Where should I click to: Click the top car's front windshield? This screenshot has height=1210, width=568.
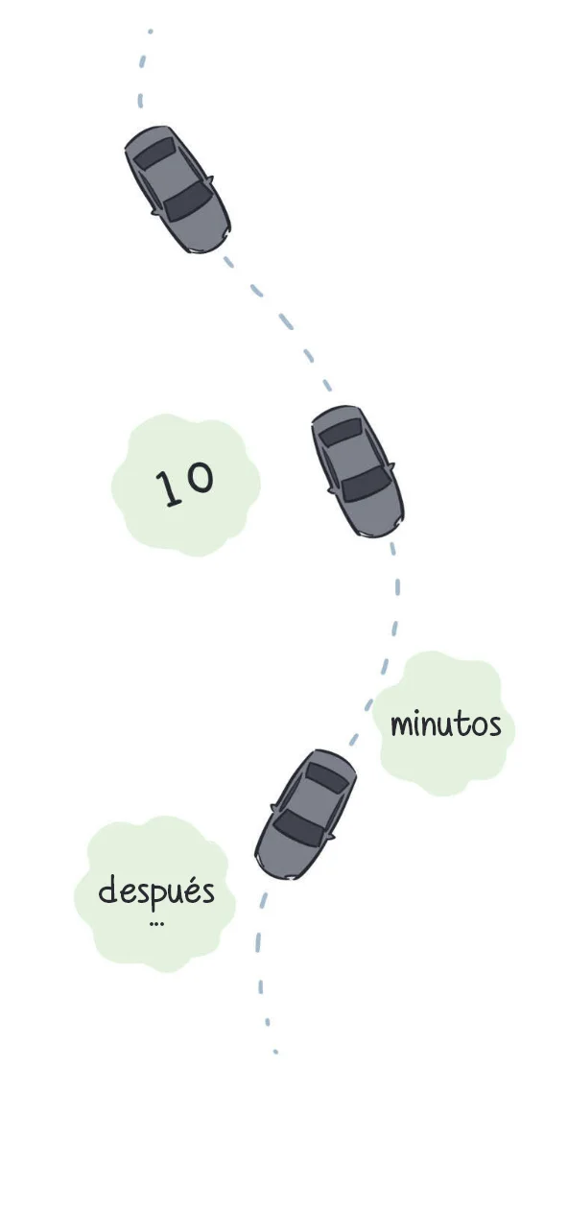click(x=187, y=201)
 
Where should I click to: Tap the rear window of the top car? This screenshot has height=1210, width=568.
click(x=154, y=153)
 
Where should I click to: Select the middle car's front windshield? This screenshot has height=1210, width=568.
click(x=366, y=483)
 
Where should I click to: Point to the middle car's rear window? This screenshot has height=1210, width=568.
click(x=341, y=432)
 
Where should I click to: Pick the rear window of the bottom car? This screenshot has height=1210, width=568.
click(x=326, y=778)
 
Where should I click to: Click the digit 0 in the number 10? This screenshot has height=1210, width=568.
click(x=201, y=478)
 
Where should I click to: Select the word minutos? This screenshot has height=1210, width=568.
click(x=446, y=724)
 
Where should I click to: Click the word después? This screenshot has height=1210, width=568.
click(x=156, y=891)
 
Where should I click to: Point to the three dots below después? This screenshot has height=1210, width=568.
click(x=156, y=924)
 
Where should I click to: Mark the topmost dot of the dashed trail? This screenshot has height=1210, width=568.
click(x=150, y=32)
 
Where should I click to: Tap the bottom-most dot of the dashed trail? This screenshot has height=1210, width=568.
click(x=275, y=1052)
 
